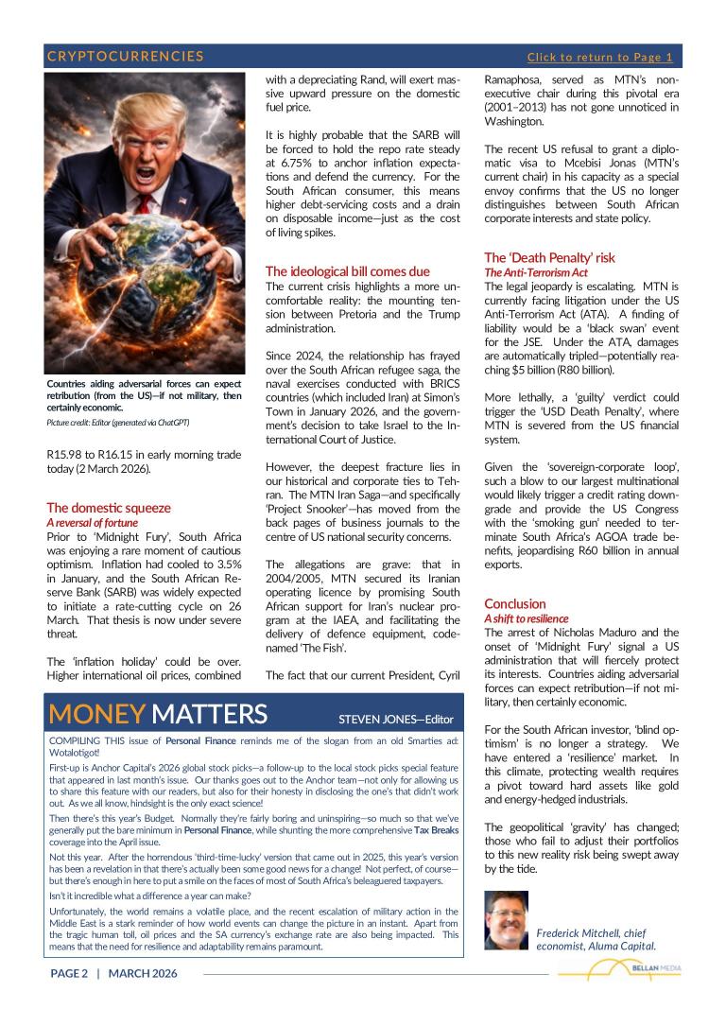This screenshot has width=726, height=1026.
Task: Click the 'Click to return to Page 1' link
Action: tap(599, 57)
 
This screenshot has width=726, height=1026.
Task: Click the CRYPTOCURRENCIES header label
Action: tap(126, 57)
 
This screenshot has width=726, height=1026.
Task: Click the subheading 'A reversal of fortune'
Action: tap(92, 522)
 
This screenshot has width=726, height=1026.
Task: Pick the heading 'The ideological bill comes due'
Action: tap(347, 271)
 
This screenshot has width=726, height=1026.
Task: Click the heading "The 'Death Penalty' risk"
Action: tap(549, 257)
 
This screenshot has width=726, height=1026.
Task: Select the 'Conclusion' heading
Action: tap(514, 603)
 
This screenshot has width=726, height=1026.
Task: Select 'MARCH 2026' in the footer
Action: tap(142, 973)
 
